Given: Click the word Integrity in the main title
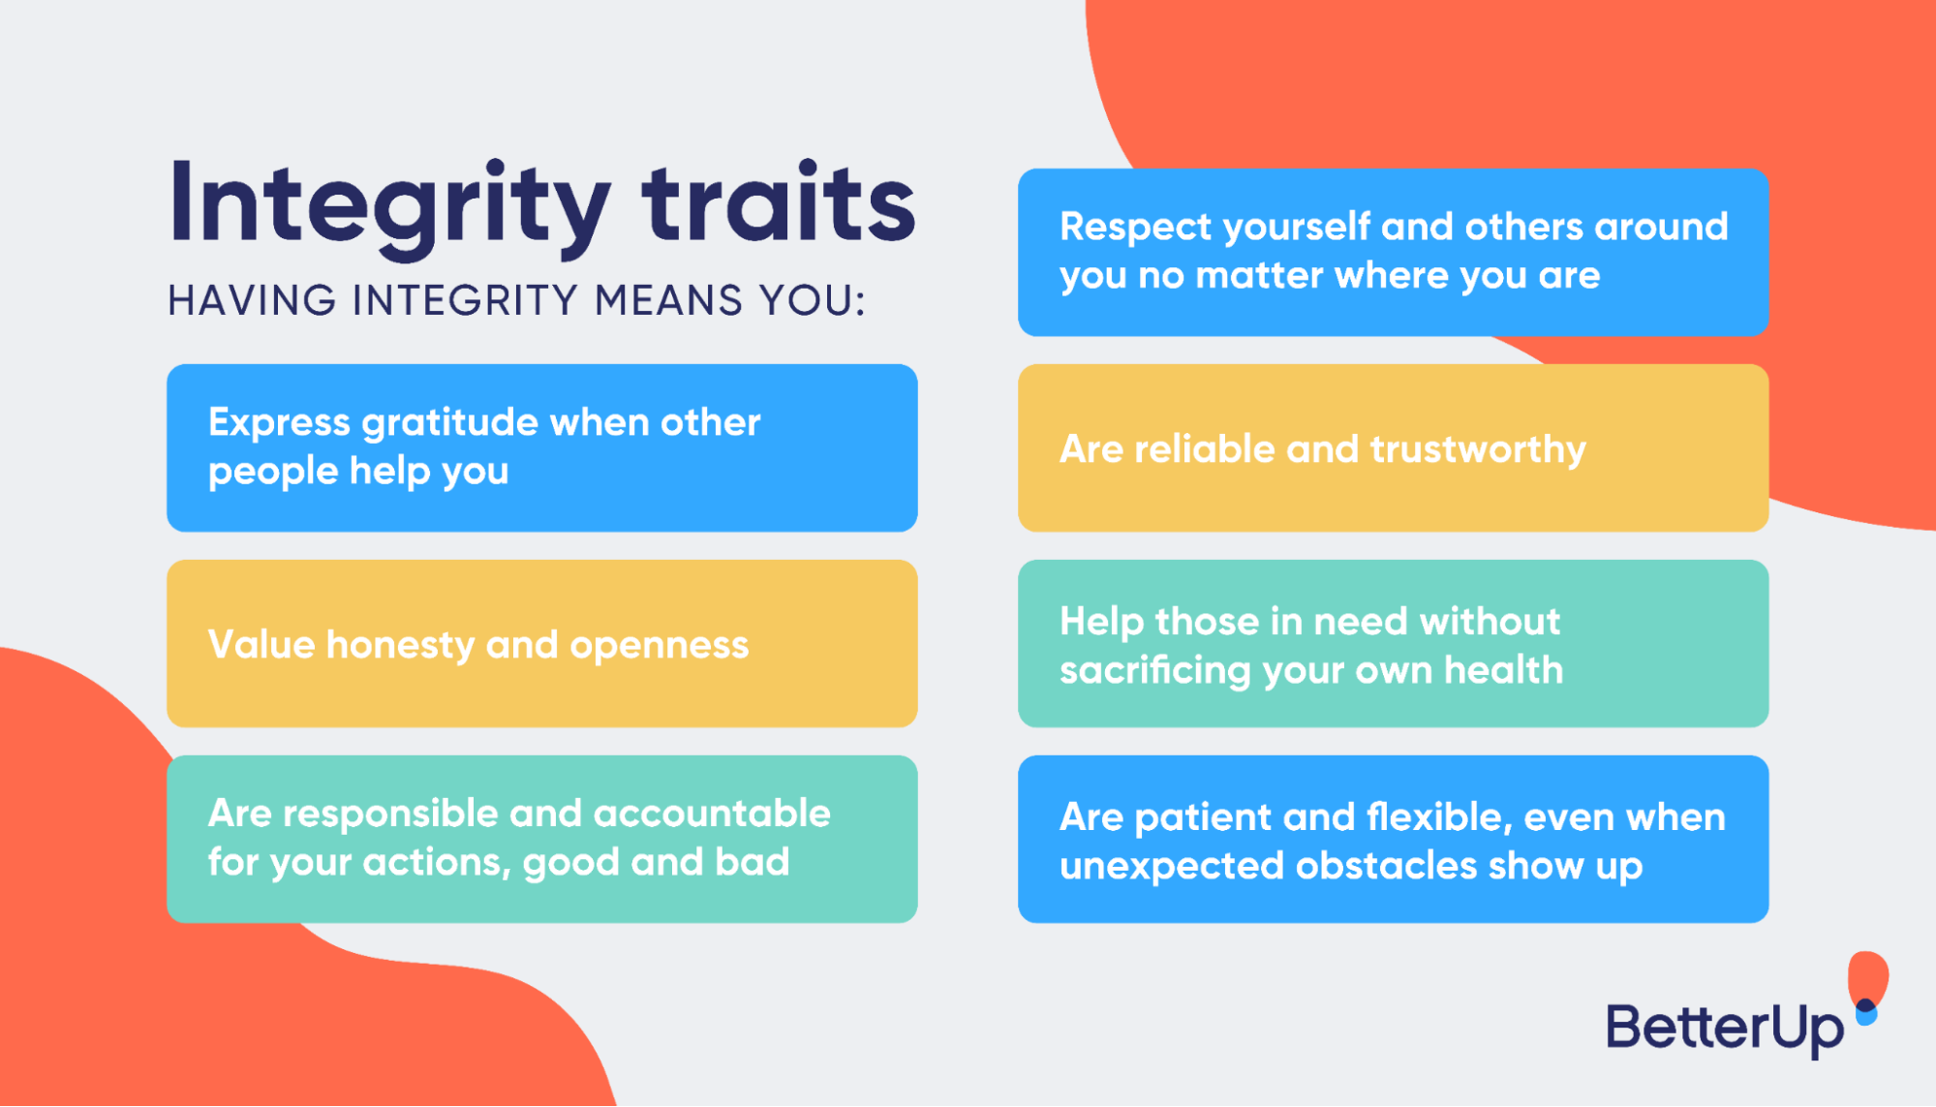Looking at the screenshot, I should pyautogui.click(x=387, y=205).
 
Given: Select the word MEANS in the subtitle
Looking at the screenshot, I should pyautogui.click(x=668, y=300).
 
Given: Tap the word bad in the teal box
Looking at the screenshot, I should pyautogui.click(x=752, y=862).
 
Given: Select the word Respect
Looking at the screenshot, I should pyautogui.click(x=1135, y=228).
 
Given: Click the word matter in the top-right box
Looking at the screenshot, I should pyautogui.click(x=1259, y=276).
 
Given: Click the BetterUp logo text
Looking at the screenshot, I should pyautogui.click(x=1725, y=1029).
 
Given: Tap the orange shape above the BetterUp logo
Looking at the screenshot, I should pyautogui.click(x=1867, y=976).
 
